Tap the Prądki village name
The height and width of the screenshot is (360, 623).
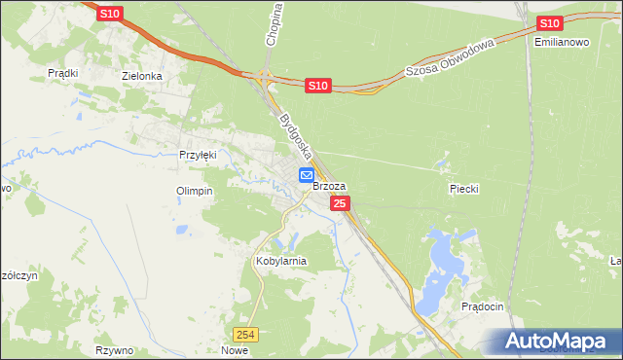(62, 73)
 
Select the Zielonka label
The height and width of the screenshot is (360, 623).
(140, 75)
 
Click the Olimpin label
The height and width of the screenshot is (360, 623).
(194, 191)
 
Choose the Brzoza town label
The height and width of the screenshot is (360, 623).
(329, 186)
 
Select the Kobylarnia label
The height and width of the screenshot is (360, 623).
(280, 261)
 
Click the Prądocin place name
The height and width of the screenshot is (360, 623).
(483, 306)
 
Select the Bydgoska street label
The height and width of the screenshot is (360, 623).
(295, 136)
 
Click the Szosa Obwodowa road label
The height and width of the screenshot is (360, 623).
(450, 59)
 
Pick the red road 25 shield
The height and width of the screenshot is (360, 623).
(340, 203)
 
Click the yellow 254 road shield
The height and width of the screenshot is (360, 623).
(250, 334)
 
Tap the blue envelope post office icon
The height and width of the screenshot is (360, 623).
(306, 175)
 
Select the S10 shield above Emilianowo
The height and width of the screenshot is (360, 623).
(550, 23)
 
